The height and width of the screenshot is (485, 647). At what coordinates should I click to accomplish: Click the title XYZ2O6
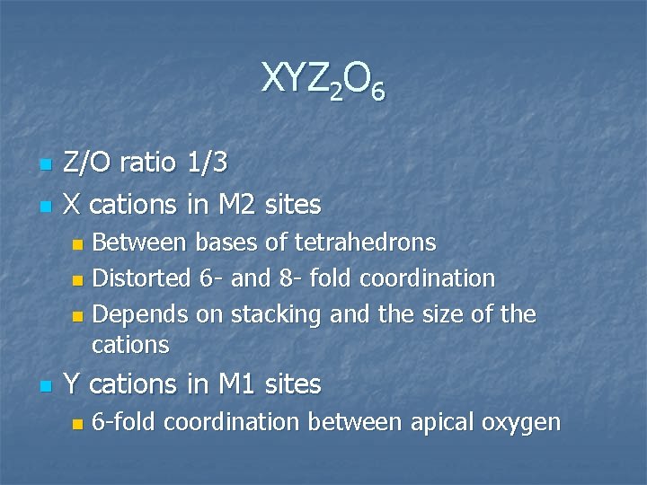(323, 81)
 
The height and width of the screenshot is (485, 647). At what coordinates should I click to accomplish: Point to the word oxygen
(523, 422)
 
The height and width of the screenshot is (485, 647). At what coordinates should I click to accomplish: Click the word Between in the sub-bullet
(140, 242)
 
